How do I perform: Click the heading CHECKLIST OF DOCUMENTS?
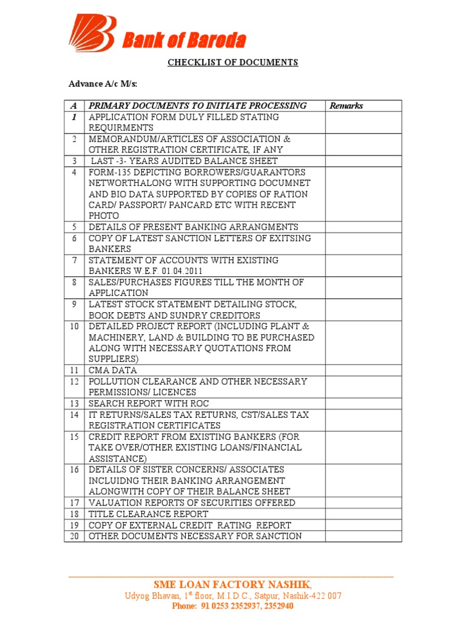(x=232, y=63)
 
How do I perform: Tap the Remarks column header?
(x=346, y=106)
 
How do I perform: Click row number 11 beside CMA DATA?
(x=75, y=370)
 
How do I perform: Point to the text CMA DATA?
(x=113, y=370)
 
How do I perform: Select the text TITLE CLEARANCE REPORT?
(x=149, y=514)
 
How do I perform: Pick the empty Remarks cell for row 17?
(x=363, y=503)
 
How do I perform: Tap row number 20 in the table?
(x=75, y=536)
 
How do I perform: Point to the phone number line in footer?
(x=232, y=606)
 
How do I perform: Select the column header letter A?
(x=74, y=106)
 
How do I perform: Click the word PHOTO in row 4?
(x=104, y=216)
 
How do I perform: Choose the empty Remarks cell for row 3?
(x=363, y=161)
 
